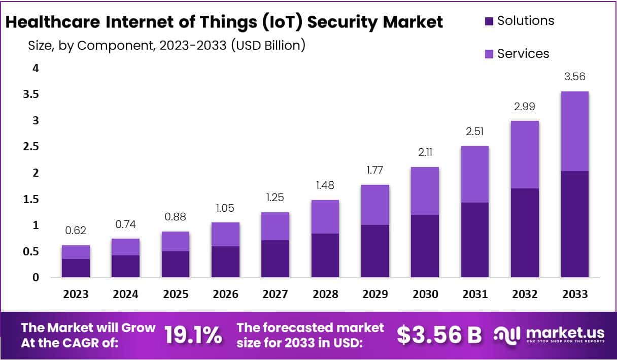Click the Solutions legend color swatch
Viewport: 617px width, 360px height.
tap(489, 21)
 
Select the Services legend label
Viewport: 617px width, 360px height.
tap(523, 54)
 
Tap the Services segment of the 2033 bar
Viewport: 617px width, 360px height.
tap(574, 131)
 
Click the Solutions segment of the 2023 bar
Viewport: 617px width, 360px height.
tap(76, 268)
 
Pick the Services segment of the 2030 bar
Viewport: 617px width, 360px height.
tap(425, 191)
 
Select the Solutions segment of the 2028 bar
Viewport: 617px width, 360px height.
tap(325, 255)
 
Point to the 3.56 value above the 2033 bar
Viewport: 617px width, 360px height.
tap(574, 77)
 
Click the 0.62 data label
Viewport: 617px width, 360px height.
tap(76, 231)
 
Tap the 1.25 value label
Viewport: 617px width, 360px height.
tap(275, 198)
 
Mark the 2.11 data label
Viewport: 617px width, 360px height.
tap(425, 152)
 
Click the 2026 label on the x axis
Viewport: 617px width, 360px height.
tap(225, 294)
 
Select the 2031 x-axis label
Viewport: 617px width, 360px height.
tap(474, 294)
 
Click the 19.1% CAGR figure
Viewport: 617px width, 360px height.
tap(193, 335)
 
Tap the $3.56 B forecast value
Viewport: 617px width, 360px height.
tap(439, 335)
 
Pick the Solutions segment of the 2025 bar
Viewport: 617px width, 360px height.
tap(175, 264)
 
